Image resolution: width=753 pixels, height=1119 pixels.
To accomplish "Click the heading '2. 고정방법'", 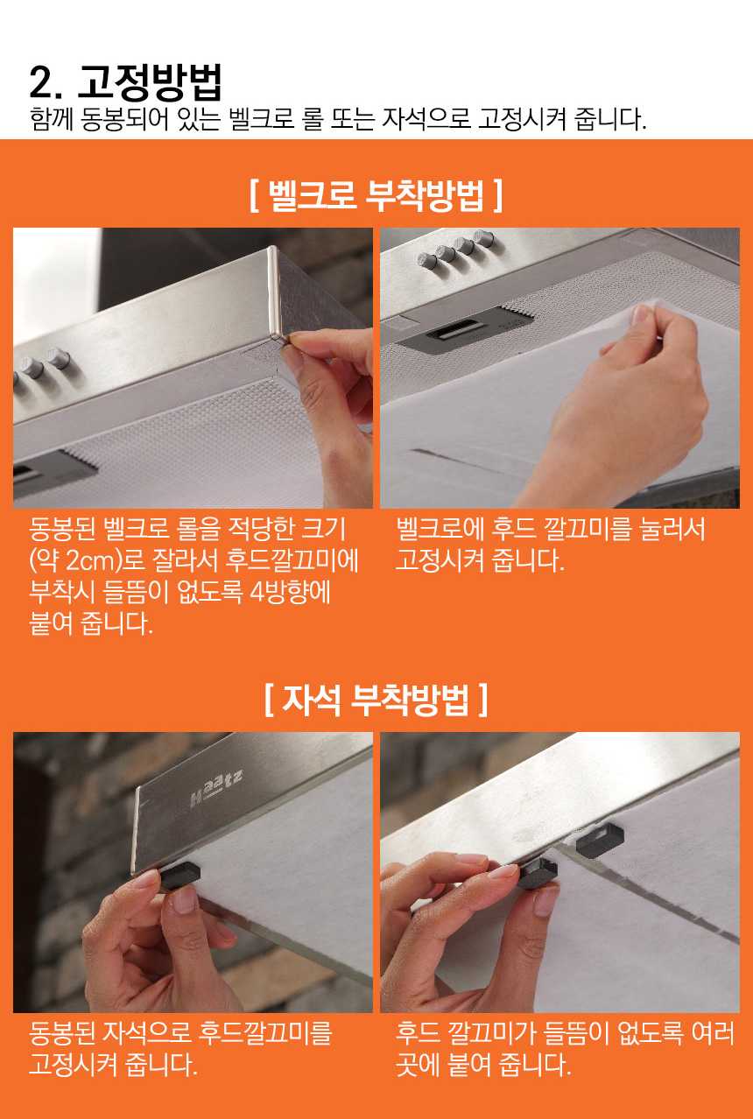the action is click(125, 82).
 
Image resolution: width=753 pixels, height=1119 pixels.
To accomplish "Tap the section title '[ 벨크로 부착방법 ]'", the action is click(376, 195).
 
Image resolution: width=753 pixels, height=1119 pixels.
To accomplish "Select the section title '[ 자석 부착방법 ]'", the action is click(376, 700).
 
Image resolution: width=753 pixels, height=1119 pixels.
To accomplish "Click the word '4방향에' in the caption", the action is click(291, 593).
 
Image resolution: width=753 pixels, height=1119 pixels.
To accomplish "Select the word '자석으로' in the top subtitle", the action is click(426, 119).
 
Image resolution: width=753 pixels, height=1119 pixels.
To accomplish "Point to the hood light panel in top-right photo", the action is click(460, 334).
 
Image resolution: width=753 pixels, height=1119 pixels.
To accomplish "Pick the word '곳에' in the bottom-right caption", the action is click(418, 1065).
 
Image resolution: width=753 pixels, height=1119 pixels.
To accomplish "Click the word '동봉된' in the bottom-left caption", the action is click(62, 1033).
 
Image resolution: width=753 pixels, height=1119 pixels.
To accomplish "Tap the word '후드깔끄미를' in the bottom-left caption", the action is click(265, 1033).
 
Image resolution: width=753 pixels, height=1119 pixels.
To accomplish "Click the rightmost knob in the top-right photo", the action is click(483, 238).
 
